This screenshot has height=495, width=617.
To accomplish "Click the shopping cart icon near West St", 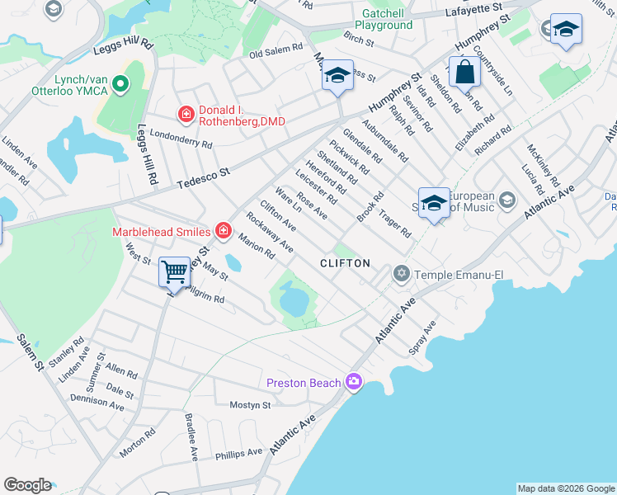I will (174, 271).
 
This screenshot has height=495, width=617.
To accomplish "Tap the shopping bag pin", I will (465, 72).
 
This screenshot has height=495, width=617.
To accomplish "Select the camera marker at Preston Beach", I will (355, 381).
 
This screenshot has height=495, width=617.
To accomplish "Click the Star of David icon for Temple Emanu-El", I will (402, 273).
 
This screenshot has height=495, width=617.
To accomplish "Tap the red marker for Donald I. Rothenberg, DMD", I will (187, 114).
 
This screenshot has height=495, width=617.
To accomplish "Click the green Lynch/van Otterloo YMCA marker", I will (121, 83).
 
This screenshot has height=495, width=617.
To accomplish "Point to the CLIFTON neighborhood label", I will (345, 262).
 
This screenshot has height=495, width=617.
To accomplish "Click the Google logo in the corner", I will (27, 485).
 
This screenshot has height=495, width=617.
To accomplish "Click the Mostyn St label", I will (250, 405).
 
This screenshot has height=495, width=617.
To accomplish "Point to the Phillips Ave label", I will (238, 453).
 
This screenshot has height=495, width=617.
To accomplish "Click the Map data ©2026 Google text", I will (566, 488).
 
